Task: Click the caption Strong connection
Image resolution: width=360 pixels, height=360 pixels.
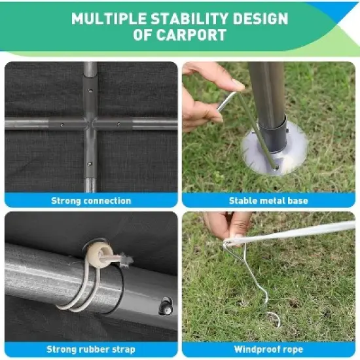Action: click(91, 201)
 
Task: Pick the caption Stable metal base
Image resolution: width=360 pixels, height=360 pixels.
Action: click(268, 201)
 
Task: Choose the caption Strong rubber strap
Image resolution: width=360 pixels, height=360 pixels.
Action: click(91, 350)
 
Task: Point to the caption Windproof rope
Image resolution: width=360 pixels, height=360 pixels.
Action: click(268, 350)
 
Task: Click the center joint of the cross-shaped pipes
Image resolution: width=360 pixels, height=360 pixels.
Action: click(90, 123)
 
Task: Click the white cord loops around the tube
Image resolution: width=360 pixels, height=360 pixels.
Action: click(82, 288)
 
